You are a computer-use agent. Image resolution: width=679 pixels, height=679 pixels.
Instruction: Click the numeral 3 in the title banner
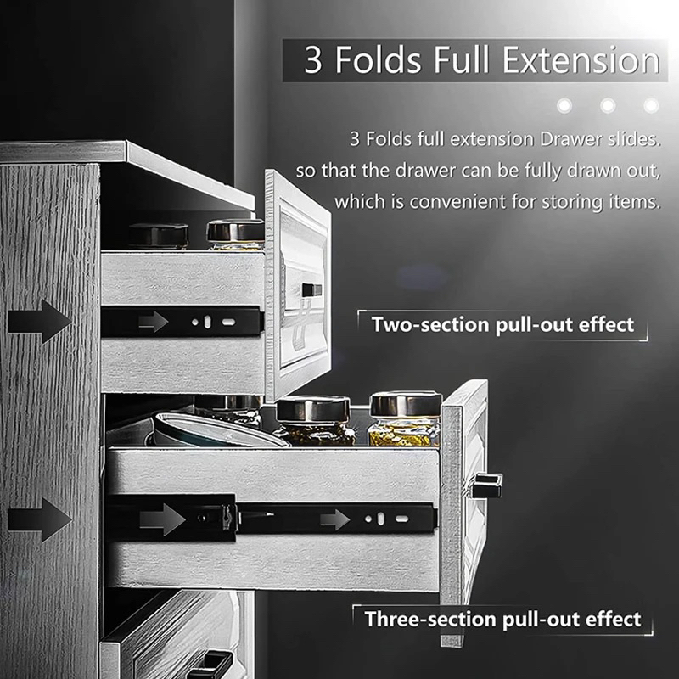pos(313,59)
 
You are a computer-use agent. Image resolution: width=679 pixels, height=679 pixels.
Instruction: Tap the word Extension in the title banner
pos(581,59)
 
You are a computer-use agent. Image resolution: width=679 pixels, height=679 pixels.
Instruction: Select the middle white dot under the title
pos(608,105)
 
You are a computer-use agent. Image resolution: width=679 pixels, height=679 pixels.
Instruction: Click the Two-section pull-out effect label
pos(502,325)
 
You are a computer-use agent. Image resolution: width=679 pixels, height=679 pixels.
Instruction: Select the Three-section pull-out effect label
pos(502,620)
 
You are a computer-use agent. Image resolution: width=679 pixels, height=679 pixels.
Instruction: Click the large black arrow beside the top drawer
pos(40,322)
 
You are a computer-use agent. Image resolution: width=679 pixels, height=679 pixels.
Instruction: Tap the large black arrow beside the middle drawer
pos(40,519)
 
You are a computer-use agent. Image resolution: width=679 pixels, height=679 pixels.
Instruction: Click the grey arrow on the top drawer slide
pos(154,323)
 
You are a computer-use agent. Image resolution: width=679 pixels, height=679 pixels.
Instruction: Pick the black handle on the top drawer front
pos(311,289)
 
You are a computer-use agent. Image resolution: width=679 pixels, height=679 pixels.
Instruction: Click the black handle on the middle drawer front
pos(487,485)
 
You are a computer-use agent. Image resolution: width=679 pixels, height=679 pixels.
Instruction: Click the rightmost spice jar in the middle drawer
pos(405,419)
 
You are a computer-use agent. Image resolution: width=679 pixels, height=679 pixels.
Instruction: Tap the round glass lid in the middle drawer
pos(212,430)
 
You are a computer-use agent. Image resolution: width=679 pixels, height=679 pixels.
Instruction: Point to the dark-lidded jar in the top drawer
pos(159,236)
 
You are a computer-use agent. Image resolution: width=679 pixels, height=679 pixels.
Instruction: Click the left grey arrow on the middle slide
pos(162,519)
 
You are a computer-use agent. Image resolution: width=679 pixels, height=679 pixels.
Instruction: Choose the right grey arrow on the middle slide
pos(334,519)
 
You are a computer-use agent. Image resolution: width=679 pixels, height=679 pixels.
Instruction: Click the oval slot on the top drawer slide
pos(228,323)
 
